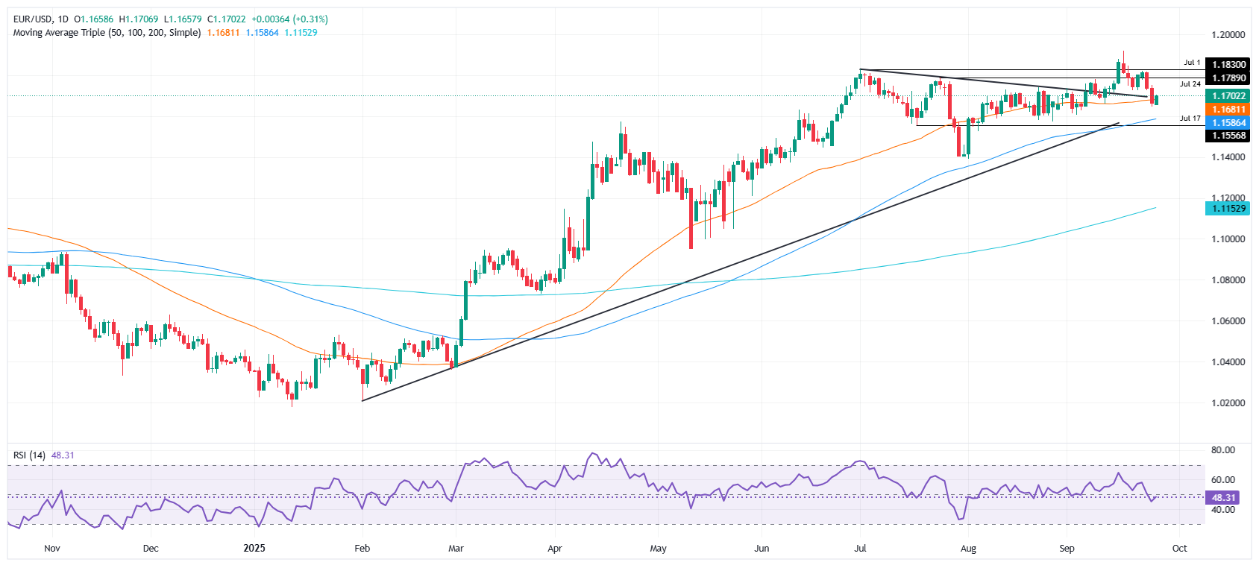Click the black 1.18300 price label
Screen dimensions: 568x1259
click(x=1228, y=65)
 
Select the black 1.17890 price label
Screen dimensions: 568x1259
click(x=1228, y=78)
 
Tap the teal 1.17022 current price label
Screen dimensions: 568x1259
click(x=1228, y=96)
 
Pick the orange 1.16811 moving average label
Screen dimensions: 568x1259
click(x=1228, y=110)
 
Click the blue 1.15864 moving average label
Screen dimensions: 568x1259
click(x=1228, y=123)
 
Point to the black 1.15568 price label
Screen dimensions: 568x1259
click(x=1228, y=136)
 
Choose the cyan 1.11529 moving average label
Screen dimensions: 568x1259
click(x=1228, y=208)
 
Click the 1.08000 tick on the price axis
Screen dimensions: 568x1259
click(x=1228, y=280)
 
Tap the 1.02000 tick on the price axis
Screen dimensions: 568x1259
click(x=1228, y=403)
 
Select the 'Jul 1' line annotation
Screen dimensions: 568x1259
click(x=1192, y=63)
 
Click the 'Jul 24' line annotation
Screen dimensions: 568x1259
click(x=1190, y=84)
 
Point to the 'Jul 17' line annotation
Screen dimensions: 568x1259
click(x=1190, y=119)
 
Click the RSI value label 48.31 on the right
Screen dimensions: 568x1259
click(x=1224, y=497)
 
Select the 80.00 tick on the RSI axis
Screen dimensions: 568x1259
click(x=1223, y=450)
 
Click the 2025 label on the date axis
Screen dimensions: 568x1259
click(x=254, y=549)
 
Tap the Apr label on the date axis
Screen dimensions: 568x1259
click(x=555, y=549)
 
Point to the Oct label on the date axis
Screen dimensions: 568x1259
click(x=1179, y=549)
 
